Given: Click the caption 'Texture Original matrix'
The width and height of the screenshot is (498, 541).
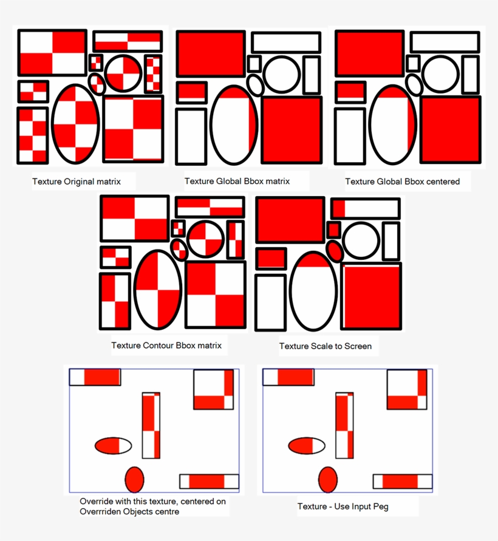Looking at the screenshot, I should click(77, 182).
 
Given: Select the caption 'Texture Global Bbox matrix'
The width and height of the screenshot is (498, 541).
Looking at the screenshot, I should click(237, 181).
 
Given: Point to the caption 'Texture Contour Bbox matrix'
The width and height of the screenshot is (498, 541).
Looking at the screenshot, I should click(166, 345).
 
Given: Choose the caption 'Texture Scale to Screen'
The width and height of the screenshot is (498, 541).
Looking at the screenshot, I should click(325, 346).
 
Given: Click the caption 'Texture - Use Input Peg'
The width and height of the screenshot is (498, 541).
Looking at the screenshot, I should click(343, 506).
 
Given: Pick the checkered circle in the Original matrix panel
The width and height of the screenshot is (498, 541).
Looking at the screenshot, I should click(123, 73).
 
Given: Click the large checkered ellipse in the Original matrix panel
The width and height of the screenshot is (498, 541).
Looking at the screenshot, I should click(76, 124).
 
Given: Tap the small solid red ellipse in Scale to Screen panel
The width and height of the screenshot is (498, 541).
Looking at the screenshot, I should click(335, 250).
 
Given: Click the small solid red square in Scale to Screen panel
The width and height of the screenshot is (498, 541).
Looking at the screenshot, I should click(333, 230).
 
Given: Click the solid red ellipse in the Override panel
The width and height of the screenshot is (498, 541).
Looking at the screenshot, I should click(134, 480).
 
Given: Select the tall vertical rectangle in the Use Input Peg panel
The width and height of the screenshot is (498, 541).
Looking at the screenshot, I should click(344, 425).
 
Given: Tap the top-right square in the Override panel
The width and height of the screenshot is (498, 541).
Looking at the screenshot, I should click(213, 390).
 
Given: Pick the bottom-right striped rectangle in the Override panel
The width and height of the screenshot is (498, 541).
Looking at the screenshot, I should click(209, 481).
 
